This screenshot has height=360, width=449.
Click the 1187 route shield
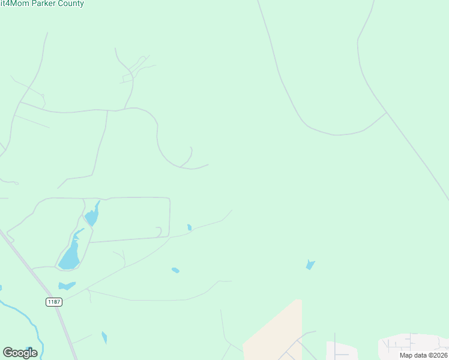pos(54,302)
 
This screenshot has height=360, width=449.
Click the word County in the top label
pos(70,4)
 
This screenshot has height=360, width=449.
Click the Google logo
pos(20,353)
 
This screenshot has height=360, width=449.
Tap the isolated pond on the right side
pos(310,265)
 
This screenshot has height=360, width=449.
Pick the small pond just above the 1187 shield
pos(66,286)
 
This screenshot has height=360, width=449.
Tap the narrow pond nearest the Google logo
pos(104,338)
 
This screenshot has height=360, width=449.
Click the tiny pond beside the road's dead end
pos(189,227)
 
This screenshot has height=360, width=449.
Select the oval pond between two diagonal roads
pos(175,270)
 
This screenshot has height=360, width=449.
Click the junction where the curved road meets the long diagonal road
pos(387,112)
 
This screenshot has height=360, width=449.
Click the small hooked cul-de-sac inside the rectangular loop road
pos(159,231)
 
